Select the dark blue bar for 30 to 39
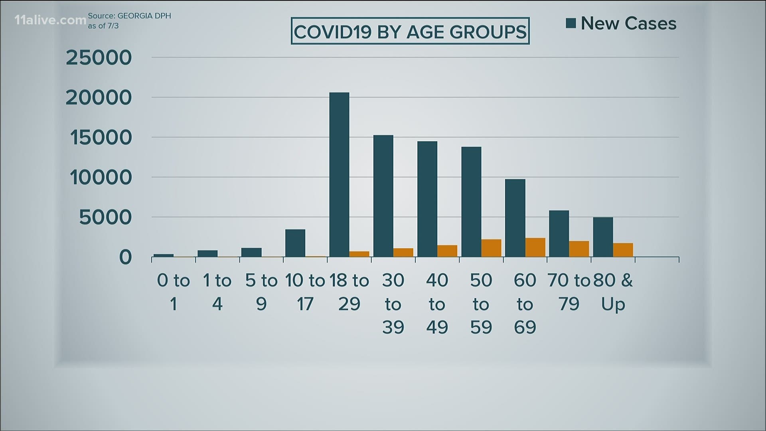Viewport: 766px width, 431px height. pos(383,196)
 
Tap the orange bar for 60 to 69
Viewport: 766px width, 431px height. pos(535,247)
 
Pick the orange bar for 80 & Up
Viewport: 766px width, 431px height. pos(623,250)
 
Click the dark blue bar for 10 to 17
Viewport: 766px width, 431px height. pos(295,243)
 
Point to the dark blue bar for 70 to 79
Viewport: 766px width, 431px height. pos(559,233)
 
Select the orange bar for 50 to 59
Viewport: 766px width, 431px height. pos(491,248)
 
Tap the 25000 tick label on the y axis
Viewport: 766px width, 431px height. pos(99,58)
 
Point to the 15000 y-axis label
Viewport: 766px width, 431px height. pos(101,138)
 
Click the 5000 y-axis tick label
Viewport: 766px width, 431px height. pos(105,217)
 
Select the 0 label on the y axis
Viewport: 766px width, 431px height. pos(125,257)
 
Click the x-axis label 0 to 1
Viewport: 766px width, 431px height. pos(173,292)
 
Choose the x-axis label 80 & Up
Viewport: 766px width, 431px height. pos(613,292)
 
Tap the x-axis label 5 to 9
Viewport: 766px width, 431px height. pos(261,292)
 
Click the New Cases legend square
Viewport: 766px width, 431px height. pos(571,24)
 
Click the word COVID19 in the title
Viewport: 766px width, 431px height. pos(333,32)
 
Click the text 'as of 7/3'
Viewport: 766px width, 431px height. pos(103,26)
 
